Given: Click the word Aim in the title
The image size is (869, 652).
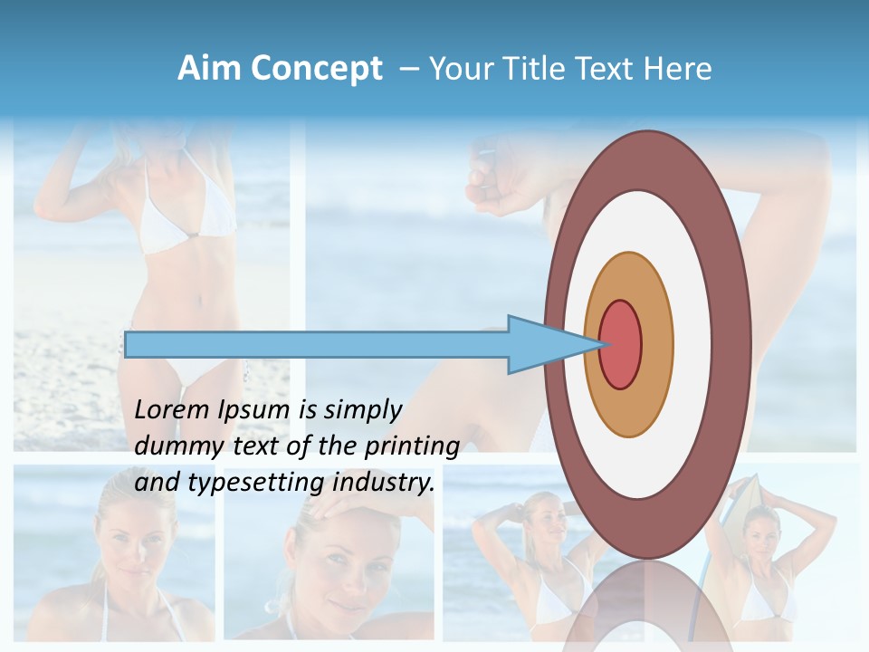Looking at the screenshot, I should pos(209,69).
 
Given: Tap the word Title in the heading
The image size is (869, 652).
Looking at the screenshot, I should pos(529,69).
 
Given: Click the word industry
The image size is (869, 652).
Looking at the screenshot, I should pos(384,484).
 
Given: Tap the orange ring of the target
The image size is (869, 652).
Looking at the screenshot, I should pos(656,345).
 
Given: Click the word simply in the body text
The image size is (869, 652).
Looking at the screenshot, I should pos(362,411).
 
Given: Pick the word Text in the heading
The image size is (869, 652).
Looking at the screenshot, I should pos(606,69).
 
